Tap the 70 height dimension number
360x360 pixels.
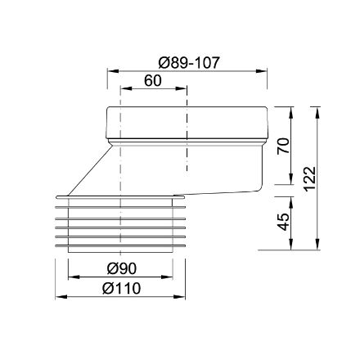tap(283, 145)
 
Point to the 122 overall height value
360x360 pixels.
tap(308, 176)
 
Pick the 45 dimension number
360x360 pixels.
tap(283, 221)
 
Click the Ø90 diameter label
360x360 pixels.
tap(119, 268)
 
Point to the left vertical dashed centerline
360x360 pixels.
tap(120, 164)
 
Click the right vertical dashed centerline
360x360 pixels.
tap(187, 164)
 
